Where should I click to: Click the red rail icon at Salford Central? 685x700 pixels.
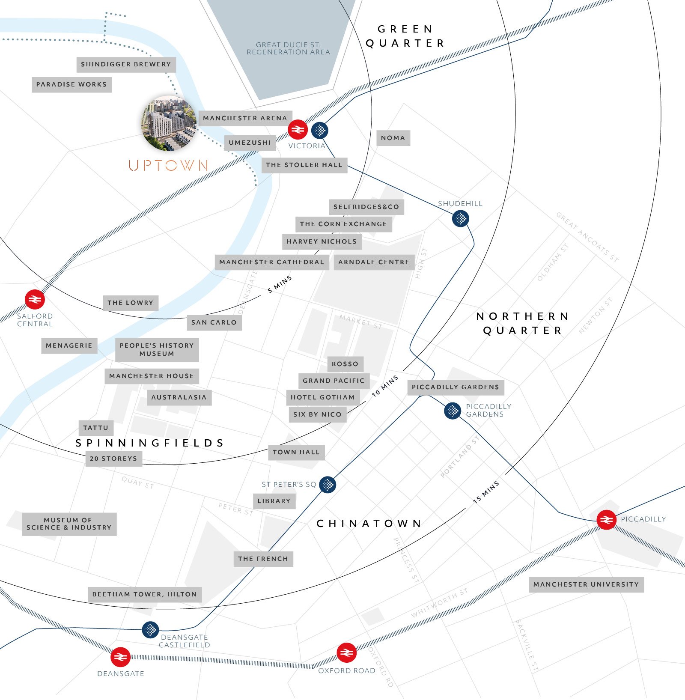pyautogui.click(x=35, y=299)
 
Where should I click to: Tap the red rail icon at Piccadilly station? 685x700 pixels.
pyautogui.click(x=606, y=520)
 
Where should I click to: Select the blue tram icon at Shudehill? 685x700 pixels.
pyautogui.click(x=460, y=219)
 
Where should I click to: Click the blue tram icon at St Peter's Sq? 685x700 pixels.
pyautogui.click(x=328, y=485)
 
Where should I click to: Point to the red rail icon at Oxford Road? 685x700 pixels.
pyautogui.click(x=346, y=652)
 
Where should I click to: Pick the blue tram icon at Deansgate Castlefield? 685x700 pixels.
pyautogui.click(x=150, y=630)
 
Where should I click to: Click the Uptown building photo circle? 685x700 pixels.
pyautogui.click(x=170, y=123)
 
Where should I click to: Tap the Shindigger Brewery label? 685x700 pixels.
pyautogui.click(x=126, y=65)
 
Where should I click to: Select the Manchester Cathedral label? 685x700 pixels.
pyautogui.click(x=272, y=262)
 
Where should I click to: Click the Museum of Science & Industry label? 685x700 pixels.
pyautogui.click(x=69, y=524)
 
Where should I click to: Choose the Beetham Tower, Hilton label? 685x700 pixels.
pyautogui.click(x=145, y=594)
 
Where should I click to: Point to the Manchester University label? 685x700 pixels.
pyautogui.click(x=586, y=584)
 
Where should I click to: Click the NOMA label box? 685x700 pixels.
pyautogui.click(x=393, y=138)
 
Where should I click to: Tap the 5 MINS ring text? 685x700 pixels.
pyautogui.click(x=280, y=284)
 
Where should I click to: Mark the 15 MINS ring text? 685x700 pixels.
pyautogui.click(x=486, y=492)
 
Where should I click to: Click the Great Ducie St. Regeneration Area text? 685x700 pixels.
pyautogui.click(x=288, y=48)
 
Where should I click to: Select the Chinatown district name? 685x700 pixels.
pyautogui.click(x=369, y=523)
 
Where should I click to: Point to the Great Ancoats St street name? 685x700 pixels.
pyautogui.click(x=587, y=237)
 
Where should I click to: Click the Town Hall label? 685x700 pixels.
pyautogui.click(x=296, y=452)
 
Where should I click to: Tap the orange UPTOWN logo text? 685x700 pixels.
pyautogui.click(x=168, y=166)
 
